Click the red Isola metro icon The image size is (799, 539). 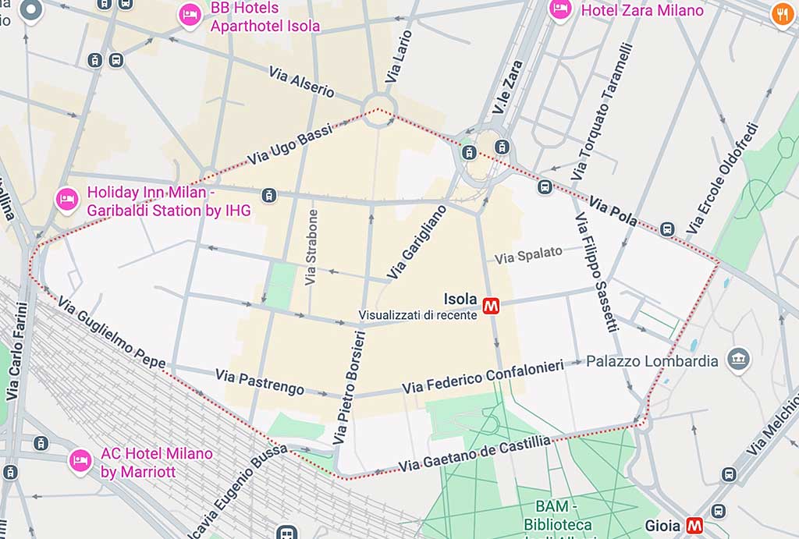point(492,306)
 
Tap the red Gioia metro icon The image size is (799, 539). point(694,526)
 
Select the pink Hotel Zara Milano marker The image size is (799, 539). point(559,9)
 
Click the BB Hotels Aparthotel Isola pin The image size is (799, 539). point(190,15)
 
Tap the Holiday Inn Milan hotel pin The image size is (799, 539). point(66,200)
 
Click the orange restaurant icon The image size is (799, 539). point(782,13)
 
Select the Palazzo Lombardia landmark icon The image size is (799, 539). point(737,360)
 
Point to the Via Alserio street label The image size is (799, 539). point(301,81)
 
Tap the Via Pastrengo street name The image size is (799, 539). point(260,382)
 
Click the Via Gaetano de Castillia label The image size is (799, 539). point(474,454)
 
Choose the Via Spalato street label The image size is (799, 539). point(528,254)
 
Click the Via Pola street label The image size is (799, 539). point(613,211)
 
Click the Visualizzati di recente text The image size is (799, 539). point(417,315)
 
